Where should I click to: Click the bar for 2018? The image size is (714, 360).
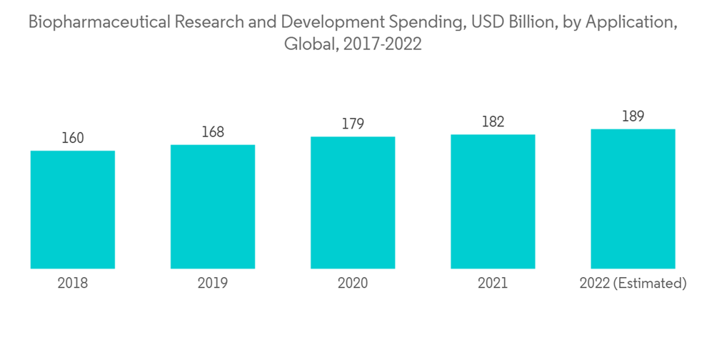coord(73,209)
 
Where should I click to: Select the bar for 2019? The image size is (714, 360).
coord(213,206)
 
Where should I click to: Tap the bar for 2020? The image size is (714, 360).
coord(353,202)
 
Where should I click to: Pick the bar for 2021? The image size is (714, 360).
coord(493,201)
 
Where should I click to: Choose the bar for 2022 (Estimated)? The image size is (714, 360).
coord(633,199)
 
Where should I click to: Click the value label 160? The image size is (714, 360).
coord(73,138)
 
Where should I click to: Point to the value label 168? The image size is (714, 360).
coord(213,132)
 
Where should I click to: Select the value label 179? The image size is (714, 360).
coord(353,124)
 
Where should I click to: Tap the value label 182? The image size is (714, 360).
coord(493,121)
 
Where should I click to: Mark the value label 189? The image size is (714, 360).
coord(633,116)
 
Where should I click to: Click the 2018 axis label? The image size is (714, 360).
coord(73,284)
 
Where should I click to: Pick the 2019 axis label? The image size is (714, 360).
coord(213,284)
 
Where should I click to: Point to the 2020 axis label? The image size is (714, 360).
coord(353,284)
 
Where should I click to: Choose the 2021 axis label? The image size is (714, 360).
coord(493,284)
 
